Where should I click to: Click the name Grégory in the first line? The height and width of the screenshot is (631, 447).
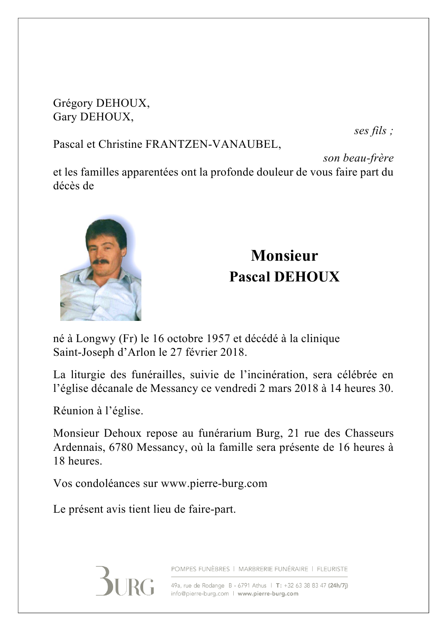[73, 103]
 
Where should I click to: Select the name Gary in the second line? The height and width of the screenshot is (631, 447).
[64, 117]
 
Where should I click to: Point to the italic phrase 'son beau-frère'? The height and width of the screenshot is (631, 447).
[358, 158]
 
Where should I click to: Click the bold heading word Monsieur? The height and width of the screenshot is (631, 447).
[284, 256]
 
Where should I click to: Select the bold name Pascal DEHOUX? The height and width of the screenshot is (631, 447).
[284, 277]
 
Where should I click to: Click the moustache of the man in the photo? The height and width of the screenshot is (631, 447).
[101, 262]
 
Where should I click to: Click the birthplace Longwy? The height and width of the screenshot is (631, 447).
[95, 339]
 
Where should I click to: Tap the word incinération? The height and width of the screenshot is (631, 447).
[273, 375]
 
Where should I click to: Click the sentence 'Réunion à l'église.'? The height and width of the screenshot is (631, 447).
[98, 411]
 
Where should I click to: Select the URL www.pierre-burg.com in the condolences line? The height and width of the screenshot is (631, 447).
[214, 484]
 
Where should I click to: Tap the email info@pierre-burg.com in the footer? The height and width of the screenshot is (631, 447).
[200, 594]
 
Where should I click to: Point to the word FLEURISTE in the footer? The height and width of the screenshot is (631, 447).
[332, 569]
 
